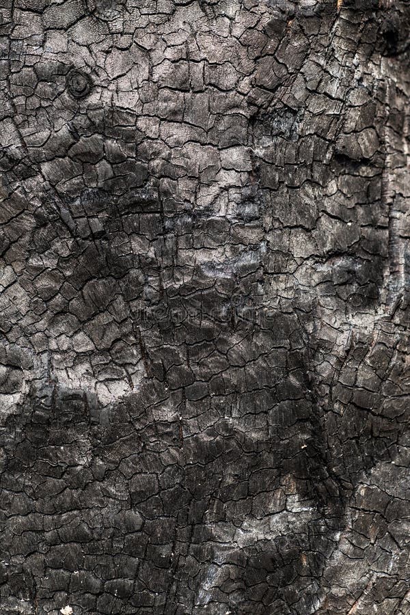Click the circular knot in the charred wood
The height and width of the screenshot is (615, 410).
point(79,84)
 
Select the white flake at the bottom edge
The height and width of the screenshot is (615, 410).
point(66,610)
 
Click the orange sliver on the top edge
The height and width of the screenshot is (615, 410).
point(339,3)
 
